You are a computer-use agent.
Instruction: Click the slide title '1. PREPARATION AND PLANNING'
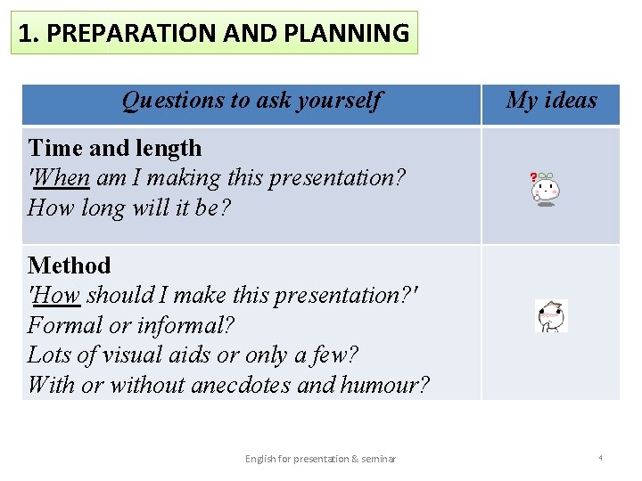tap(214, 34)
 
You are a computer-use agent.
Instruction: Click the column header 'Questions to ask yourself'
tap(251, 101)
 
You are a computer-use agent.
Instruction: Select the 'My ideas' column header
tap(551, 101)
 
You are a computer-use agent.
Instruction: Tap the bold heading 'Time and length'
tap(115, 148)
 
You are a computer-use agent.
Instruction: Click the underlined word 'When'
tap(62, 178)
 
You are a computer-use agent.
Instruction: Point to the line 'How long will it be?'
tap(128, 208)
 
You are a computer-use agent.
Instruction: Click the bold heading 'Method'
tap(70, 265)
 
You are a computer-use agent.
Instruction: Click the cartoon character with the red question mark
tap(546, 188)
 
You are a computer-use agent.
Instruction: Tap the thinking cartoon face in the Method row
tap(550, 315)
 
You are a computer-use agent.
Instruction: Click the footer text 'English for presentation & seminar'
tap(320, 459)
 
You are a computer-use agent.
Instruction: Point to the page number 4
tap(600, 458)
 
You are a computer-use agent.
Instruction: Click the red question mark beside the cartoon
tap(533, 178)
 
